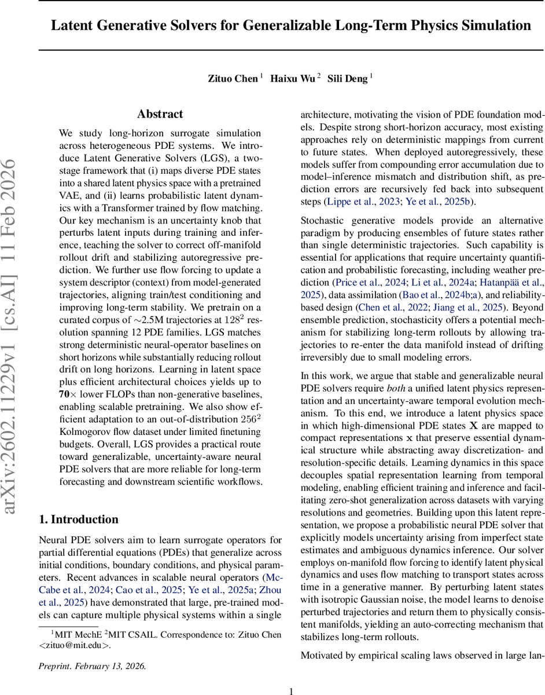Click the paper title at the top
click(291, 26)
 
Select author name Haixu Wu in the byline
click(293, 78)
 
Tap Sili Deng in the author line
click(348, 78)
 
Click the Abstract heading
click(160, 114)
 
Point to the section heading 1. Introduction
click(78, 519)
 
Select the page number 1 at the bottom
click(292, 690)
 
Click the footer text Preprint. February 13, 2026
click(93, 666)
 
